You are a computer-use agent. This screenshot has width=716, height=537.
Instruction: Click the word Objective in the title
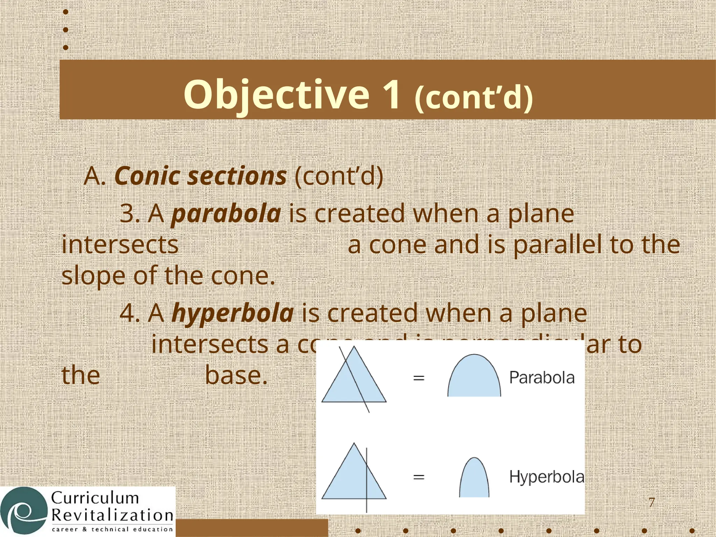coord(276,94)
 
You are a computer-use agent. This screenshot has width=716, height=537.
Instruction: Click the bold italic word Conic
coord(147,176)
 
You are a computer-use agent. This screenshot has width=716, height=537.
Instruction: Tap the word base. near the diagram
coord(236,375)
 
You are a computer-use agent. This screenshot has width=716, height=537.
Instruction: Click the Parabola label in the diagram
coord(542,378)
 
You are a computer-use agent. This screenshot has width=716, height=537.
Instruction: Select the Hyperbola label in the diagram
coord(546,477)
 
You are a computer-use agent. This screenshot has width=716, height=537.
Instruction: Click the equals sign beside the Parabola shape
coord(418,378)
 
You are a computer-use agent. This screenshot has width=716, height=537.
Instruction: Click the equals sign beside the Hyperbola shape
coord(418,477)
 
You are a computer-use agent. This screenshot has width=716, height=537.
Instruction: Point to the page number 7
coord(651,502)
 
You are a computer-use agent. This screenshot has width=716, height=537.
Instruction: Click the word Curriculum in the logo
coord(95,498)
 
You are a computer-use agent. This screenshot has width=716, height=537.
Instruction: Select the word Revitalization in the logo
coord(112,515)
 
